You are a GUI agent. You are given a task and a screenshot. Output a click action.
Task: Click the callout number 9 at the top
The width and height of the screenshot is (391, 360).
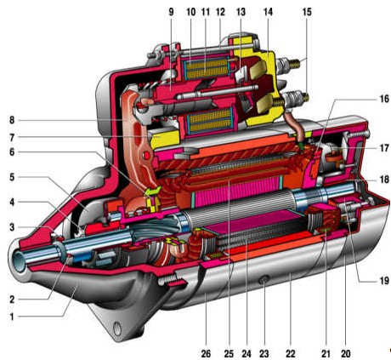pyautogui.click(x=171, y=12)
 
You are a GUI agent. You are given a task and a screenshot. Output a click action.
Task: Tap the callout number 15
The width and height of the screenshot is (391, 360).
pyautogui.click(x=307, y=12)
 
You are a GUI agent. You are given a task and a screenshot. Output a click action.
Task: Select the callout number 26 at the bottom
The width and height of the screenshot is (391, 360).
pyautogui.click(x=206, y=353)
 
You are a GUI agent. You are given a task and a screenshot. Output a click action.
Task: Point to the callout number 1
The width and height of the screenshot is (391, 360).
pyautogui.click(x=12, y=317)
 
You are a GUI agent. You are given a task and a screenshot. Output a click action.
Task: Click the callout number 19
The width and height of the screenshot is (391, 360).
pyautogui.click(x=384, y=281)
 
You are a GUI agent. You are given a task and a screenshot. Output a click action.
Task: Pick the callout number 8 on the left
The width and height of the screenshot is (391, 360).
pyautogui.click(x=12, y=120)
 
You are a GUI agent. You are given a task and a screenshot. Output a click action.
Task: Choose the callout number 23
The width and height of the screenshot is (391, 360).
pyautogui.click(x=264, y=353)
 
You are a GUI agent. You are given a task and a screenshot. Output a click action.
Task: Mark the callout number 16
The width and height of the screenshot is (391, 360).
pyautogui.click(x=384, y=99)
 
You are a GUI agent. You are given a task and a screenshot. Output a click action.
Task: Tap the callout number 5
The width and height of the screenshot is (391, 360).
pyautogui.click(x=12, y=177)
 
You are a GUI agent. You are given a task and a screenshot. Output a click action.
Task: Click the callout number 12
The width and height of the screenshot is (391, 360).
pyautogui.click(x=220, y=12)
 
